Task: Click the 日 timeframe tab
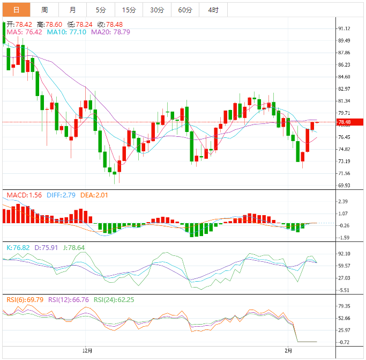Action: click(16, 10)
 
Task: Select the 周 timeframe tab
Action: click(44, 10)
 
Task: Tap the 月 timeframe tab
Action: click(72, 10)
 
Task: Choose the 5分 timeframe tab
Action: click(101, 10)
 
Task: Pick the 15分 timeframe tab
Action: click(129, 10)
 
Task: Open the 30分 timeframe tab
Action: click(157, 10)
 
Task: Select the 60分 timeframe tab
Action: click(185, 10)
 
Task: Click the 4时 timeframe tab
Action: click(213, 10)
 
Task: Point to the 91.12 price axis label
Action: click(345, 28)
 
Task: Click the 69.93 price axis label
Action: click(345, 185)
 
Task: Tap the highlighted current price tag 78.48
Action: click(344, 122)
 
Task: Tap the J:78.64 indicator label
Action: click(72, 247)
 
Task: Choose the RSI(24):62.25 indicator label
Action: click(114, 299)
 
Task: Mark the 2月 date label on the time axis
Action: click(288, 350)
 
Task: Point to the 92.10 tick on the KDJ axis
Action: click(345, 254)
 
